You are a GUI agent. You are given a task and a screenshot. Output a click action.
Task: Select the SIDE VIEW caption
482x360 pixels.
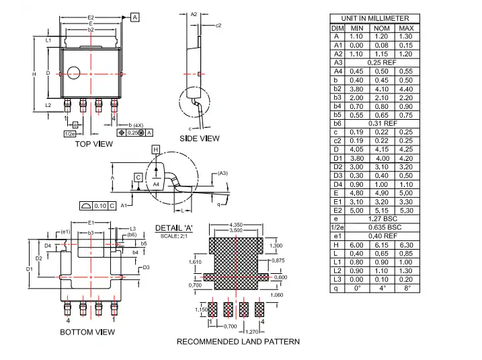pyautogui.click(x=200, y=139)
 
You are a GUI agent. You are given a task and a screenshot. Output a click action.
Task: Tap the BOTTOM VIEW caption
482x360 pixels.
pyautogui.click(x=87, y=332)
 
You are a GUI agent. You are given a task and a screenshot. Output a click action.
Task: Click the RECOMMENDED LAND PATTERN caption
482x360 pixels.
pyautogui.click(x=238, y=342)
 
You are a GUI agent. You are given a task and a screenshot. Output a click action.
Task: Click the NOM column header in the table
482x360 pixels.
pyautogui.click(x=381, y=28)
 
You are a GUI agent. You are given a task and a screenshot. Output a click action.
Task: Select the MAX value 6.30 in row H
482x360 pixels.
pyautogui.click(x=406, y=246)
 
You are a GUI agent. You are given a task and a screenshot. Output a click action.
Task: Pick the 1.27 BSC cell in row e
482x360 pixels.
pyautogui.click(x=381, y=219)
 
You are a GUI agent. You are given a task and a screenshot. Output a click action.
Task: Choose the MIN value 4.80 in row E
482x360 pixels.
pyautogui.click(x=356, y=193)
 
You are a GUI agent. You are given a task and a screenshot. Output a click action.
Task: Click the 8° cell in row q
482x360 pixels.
pyautogui.click(x=406, y=289)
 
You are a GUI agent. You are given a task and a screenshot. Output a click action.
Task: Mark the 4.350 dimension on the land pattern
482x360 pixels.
pyautogui.click(x=236, y=224)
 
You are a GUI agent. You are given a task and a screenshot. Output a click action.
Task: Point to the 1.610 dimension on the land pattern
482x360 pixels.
pyautogui.click(x=196, y=262)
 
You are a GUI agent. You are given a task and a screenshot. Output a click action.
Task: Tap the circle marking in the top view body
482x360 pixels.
pyautogui.click(x=72, y=73)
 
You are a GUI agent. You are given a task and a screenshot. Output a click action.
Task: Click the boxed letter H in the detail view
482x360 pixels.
pyautogui.click(x=155, y=149)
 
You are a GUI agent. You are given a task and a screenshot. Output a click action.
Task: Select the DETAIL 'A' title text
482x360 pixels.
pyautogui.click(x=175, y=228)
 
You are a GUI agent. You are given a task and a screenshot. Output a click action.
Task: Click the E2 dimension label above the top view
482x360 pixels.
pyautogui.click(x=91, y=16)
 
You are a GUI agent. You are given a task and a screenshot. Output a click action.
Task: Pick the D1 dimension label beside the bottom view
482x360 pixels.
pyautogui.click(x=29, y=269)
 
